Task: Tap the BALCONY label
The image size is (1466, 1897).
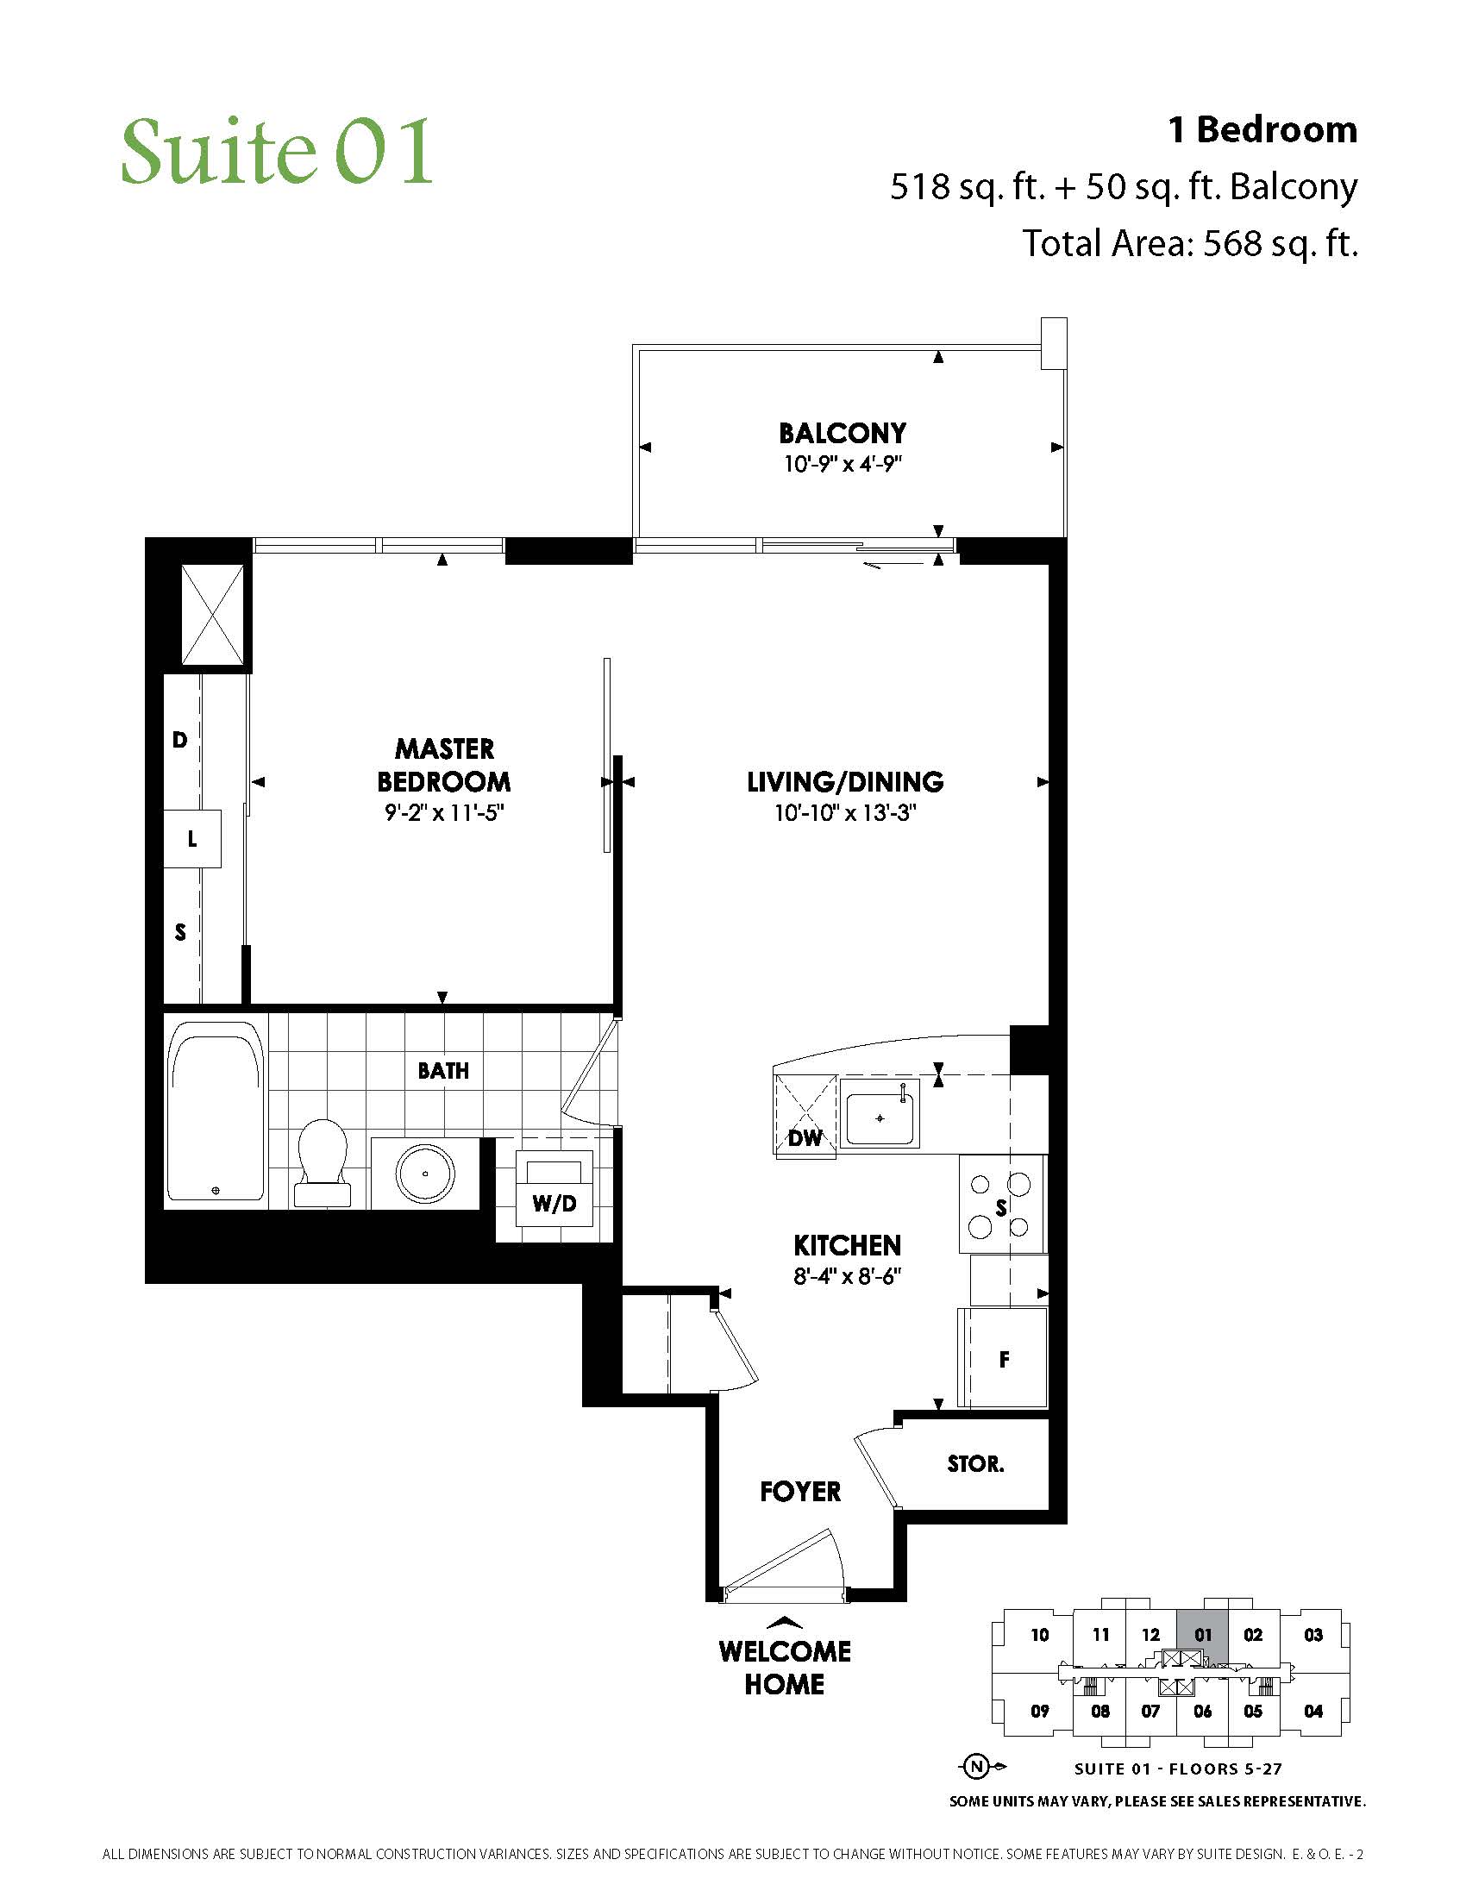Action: click(x=843, y=434)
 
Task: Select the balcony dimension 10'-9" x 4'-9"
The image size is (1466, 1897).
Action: click(x=843, y=464)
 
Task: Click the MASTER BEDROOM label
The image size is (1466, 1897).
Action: click(x=444, y=765)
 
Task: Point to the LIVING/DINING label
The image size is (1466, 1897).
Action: click(x=845, y=782)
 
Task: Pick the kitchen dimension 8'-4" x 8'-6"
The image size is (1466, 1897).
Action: click(x=847, y=1276)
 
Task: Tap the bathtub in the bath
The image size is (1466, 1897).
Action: click(x=216, y=1111)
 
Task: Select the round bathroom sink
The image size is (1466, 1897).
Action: click(x=425, y=1173)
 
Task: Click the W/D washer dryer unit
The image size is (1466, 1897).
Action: click(x=554, y=1188)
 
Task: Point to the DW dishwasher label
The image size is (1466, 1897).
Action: click(x=805, y=1138)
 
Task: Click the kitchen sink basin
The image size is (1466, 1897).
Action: click(x=880, y=1118)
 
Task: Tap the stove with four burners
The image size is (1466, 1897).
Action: click(x=1001, y=1204)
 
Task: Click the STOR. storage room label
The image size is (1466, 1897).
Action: click(x=975, y=1464)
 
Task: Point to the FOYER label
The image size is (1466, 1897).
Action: click(x=800, y=1493)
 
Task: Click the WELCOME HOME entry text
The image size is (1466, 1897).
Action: click(x=784, y=1668)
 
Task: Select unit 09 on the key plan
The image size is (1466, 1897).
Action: click(x=1040, y=1711)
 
